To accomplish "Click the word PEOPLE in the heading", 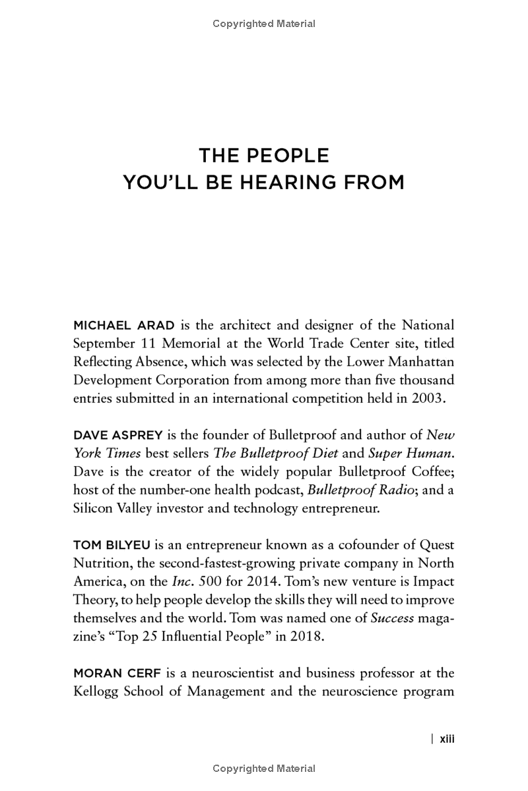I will [x=288, y=156].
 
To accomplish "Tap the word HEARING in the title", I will [x=277, y=183].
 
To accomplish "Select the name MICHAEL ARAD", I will [x=123, y=325].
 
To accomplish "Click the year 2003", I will [x=432, y=398].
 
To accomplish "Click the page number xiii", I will [x=447, y=739].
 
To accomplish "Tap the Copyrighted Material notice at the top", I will [x=264, y=24].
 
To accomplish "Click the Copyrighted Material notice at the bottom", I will [x=264, y=768].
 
